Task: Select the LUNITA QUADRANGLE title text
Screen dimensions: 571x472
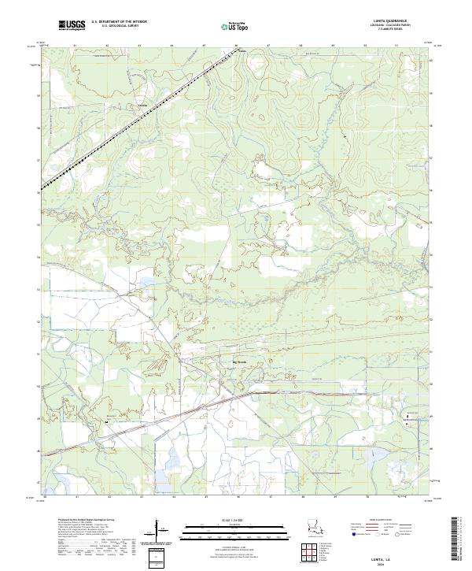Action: click(x=400, y=22)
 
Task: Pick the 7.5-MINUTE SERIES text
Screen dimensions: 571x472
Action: click(x=400, y=32)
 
